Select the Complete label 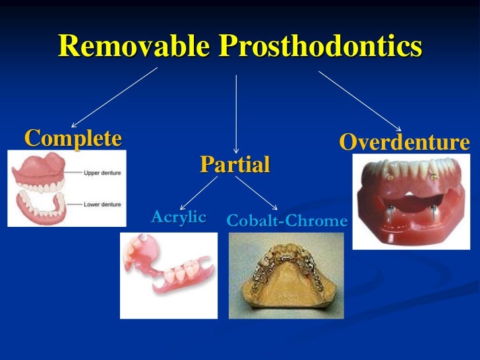click(73, 138)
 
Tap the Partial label click(235, 164)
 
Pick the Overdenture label click(404, 142)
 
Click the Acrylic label click(179, 217)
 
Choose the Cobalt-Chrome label click(286, 221)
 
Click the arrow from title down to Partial click(236, 112)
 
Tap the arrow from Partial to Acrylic click(198, 193)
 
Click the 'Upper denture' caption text click(102, 173)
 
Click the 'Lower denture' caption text click(102, 204)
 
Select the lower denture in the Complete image click(44, 206)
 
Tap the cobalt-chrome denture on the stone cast click(286, 277)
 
